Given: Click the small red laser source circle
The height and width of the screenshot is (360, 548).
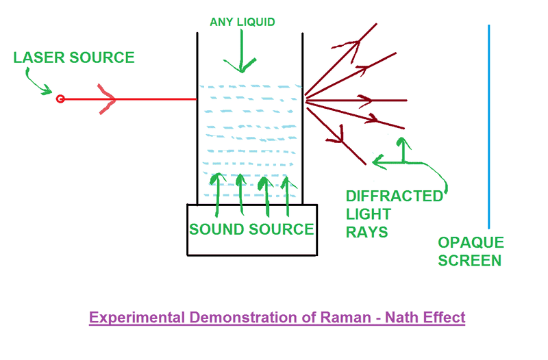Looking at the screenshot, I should [x=60, y=100].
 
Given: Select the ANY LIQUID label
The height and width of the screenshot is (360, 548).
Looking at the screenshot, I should [x=242, y=23].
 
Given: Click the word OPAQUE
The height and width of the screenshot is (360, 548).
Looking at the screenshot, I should [x=471, y=243].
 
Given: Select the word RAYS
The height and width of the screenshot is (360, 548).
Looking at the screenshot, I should [x=367, y=233].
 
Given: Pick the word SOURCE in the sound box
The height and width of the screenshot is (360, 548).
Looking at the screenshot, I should [x=282, y=229].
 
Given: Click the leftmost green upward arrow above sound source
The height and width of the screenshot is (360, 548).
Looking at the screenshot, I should [x=218, y=192].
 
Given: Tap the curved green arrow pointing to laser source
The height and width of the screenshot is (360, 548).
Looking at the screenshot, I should [x=38, y=81].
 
